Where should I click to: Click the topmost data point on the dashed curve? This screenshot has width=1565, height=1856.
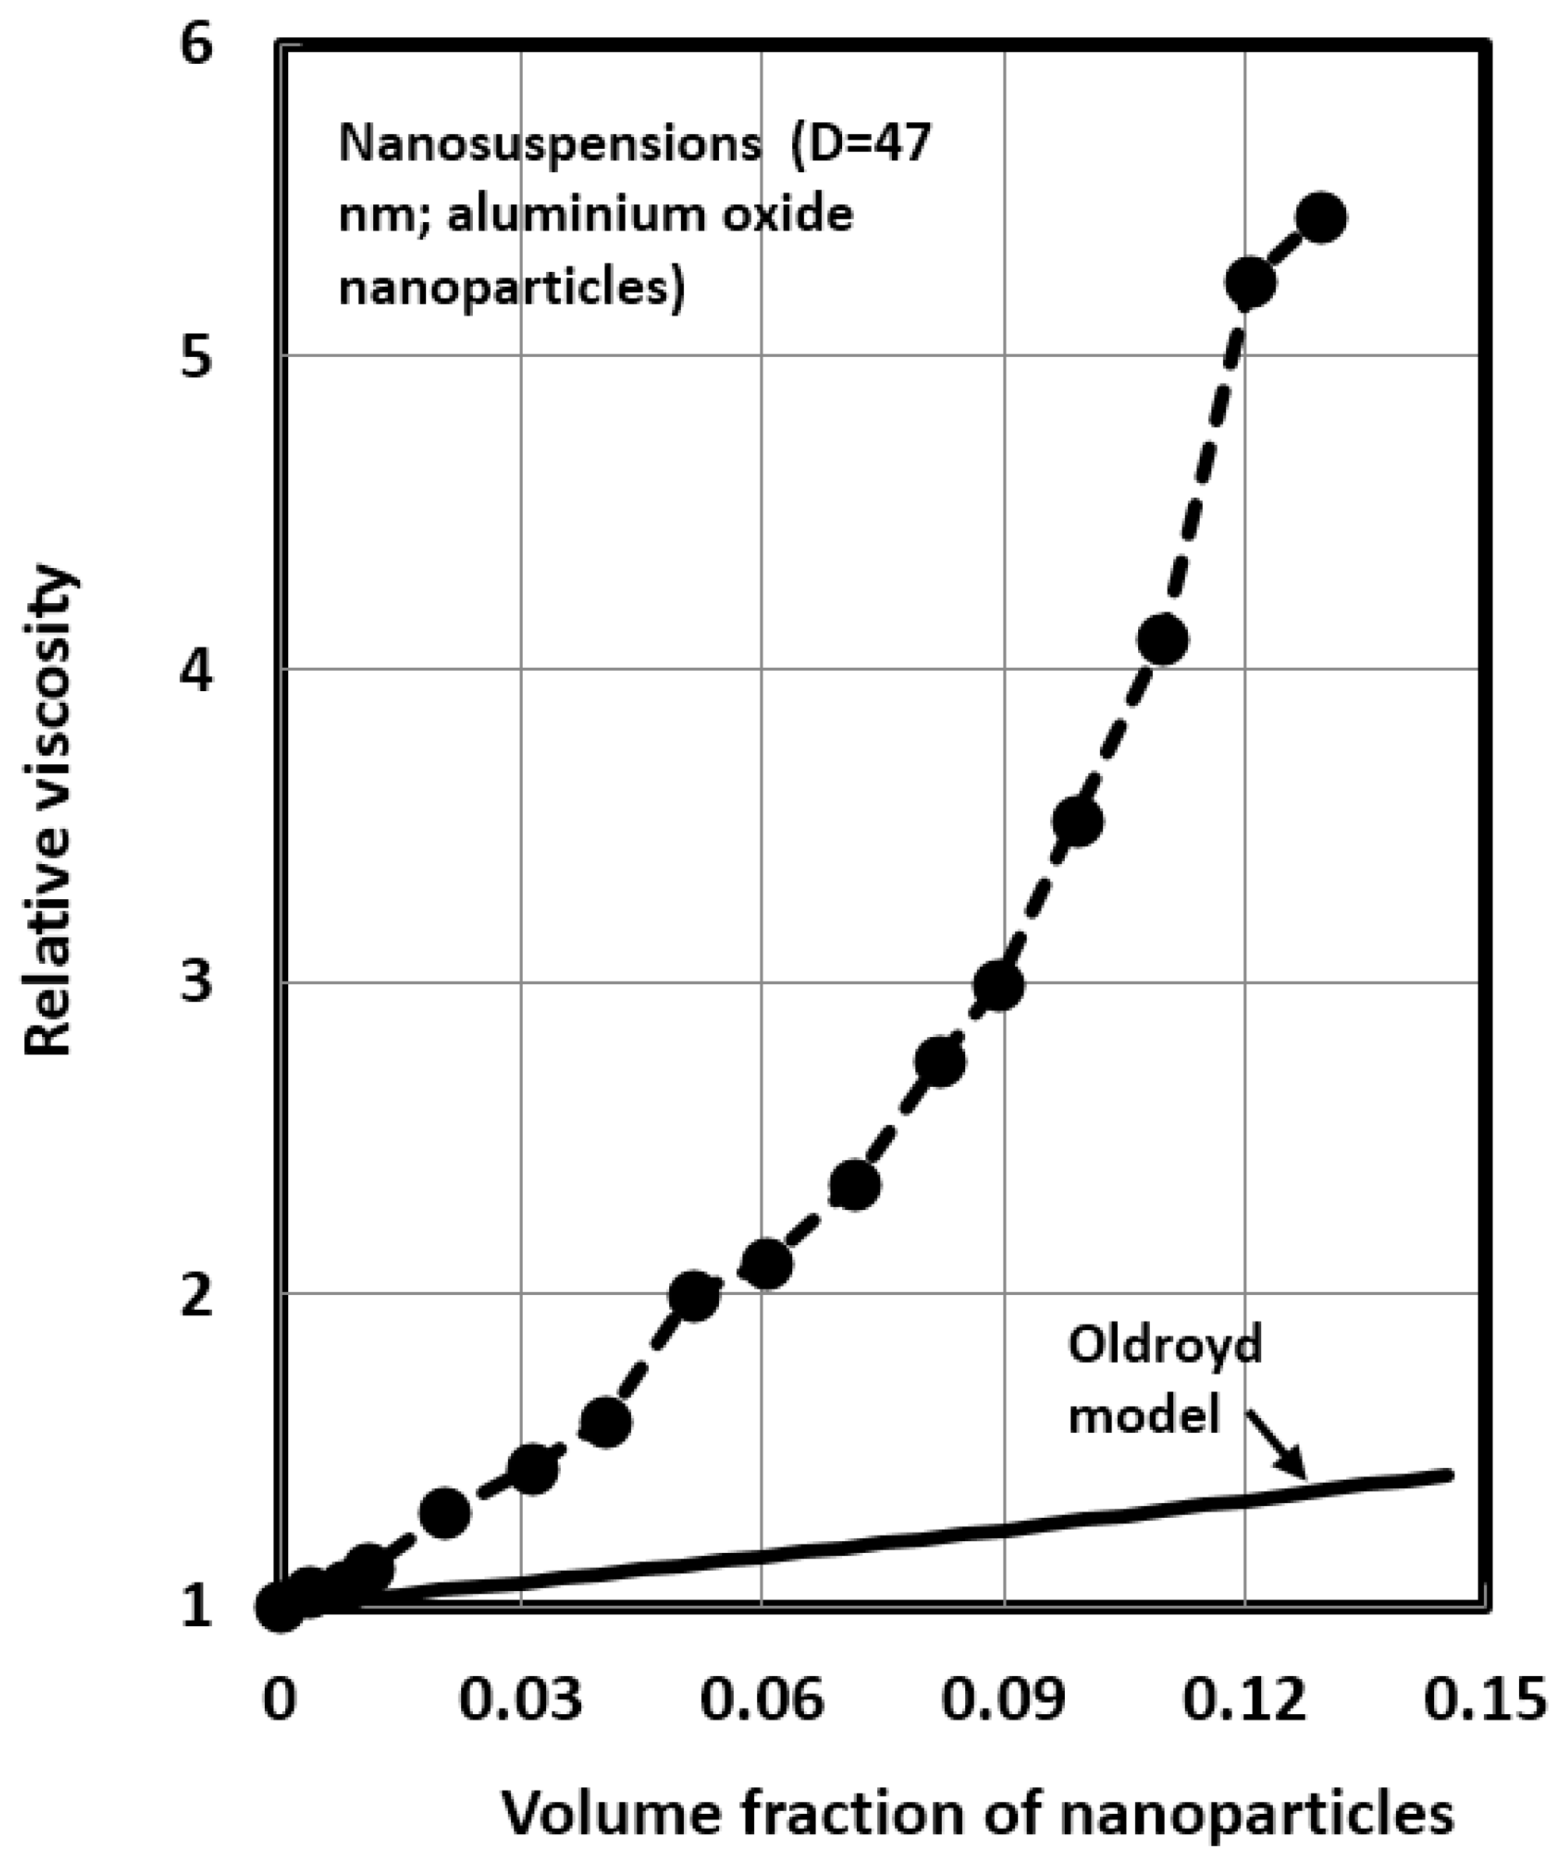pyautogui.click(x=1320, y=217)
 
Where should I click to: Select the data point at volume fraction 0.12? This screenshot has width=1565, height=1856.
pyautogui.click(x=1250, y=283)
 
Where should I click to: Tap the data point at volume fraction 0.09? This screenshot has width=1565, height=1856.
pyautogui.click(x=998, y=986)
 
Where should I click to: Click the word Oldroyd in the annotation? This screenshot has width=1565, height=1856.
pyautogui.click(x=1164, y=1346)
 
